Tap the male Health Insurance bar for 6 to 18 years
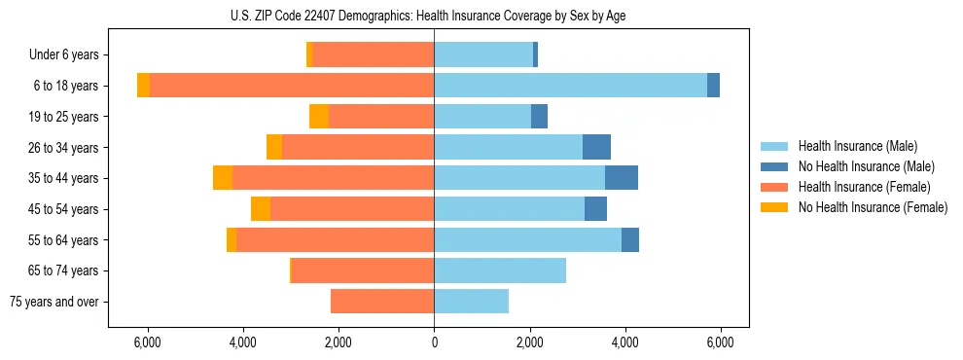(570, 86)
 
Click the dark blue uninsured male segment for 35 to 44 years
(622, 178)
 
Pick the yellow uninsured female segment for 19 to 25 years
(319, 117)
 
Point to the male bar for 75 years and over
(471, 302)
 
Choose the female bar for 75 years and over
(382, 302)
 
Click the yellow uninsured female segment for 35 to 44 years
(223, 178)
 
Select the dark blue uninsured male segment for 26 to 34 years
(596, 147)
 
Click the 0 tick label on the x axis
(434, 342)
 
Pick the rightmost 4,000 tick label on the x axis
(624, 342)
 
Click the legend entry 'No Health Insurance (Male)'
(866, 166)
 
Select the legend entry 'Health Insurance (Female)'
(864, 187)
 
